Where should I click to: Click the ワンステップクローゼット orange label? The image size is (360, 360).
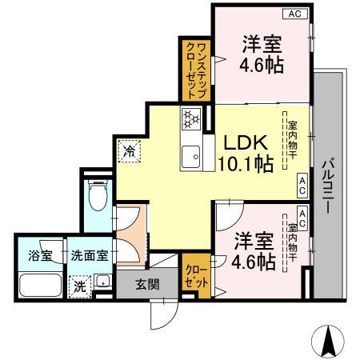pos(195,72)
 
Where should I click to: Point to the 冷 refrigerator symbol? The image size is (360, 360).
pos(129,150)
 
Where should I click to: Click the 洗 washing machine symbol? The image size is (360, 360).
pos(80,286)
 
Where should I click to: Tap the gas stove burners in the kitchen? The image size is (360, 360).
pos(191,119)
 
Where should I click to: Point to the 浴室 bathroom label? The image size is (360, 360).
pos(30,256)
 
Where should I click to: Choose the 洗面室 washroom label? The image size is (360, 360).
pos(90,256)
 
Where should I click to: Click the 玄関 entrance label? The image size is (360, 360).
pos(146,282)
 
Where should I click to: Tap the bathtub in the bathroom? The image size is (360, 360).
pos(38,286)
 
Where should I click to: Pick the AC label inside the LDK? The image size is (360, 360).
pos(302,186)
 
